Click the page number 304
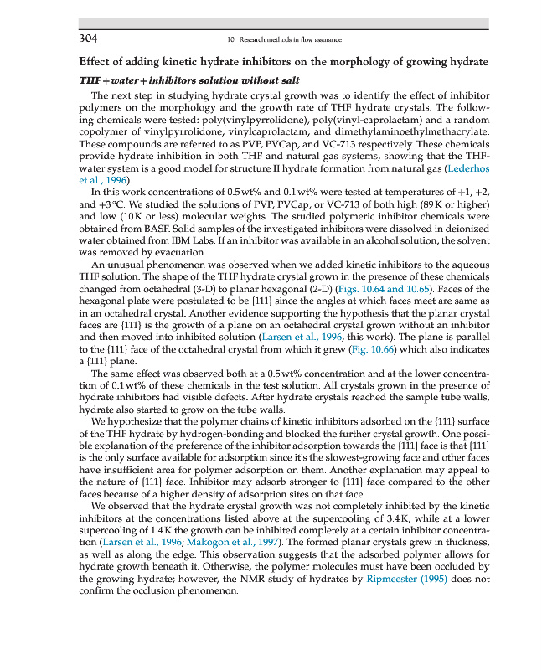[x=89, y=38]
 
